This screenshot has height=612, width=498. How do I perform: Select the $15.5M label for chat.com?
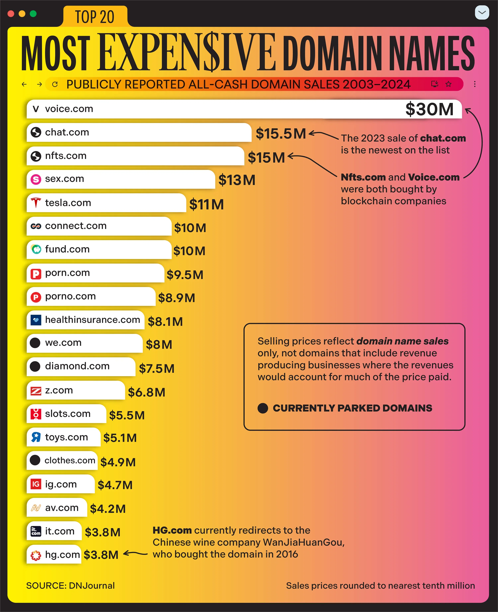tap(281, 134)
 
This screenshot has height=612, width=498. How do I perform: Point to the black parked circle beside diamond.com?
tap(35, 366)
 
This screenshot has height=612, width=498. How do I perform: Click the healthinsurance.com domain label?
tap(92, 320)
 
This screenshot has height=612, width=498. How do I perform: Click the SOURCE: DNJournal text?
tap(70, 585)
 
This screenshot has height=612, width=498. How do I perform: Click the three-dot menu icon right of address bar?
tap(475, 84)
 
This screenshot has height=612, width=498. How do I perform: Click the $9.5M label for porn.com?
tap(185, 275)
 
